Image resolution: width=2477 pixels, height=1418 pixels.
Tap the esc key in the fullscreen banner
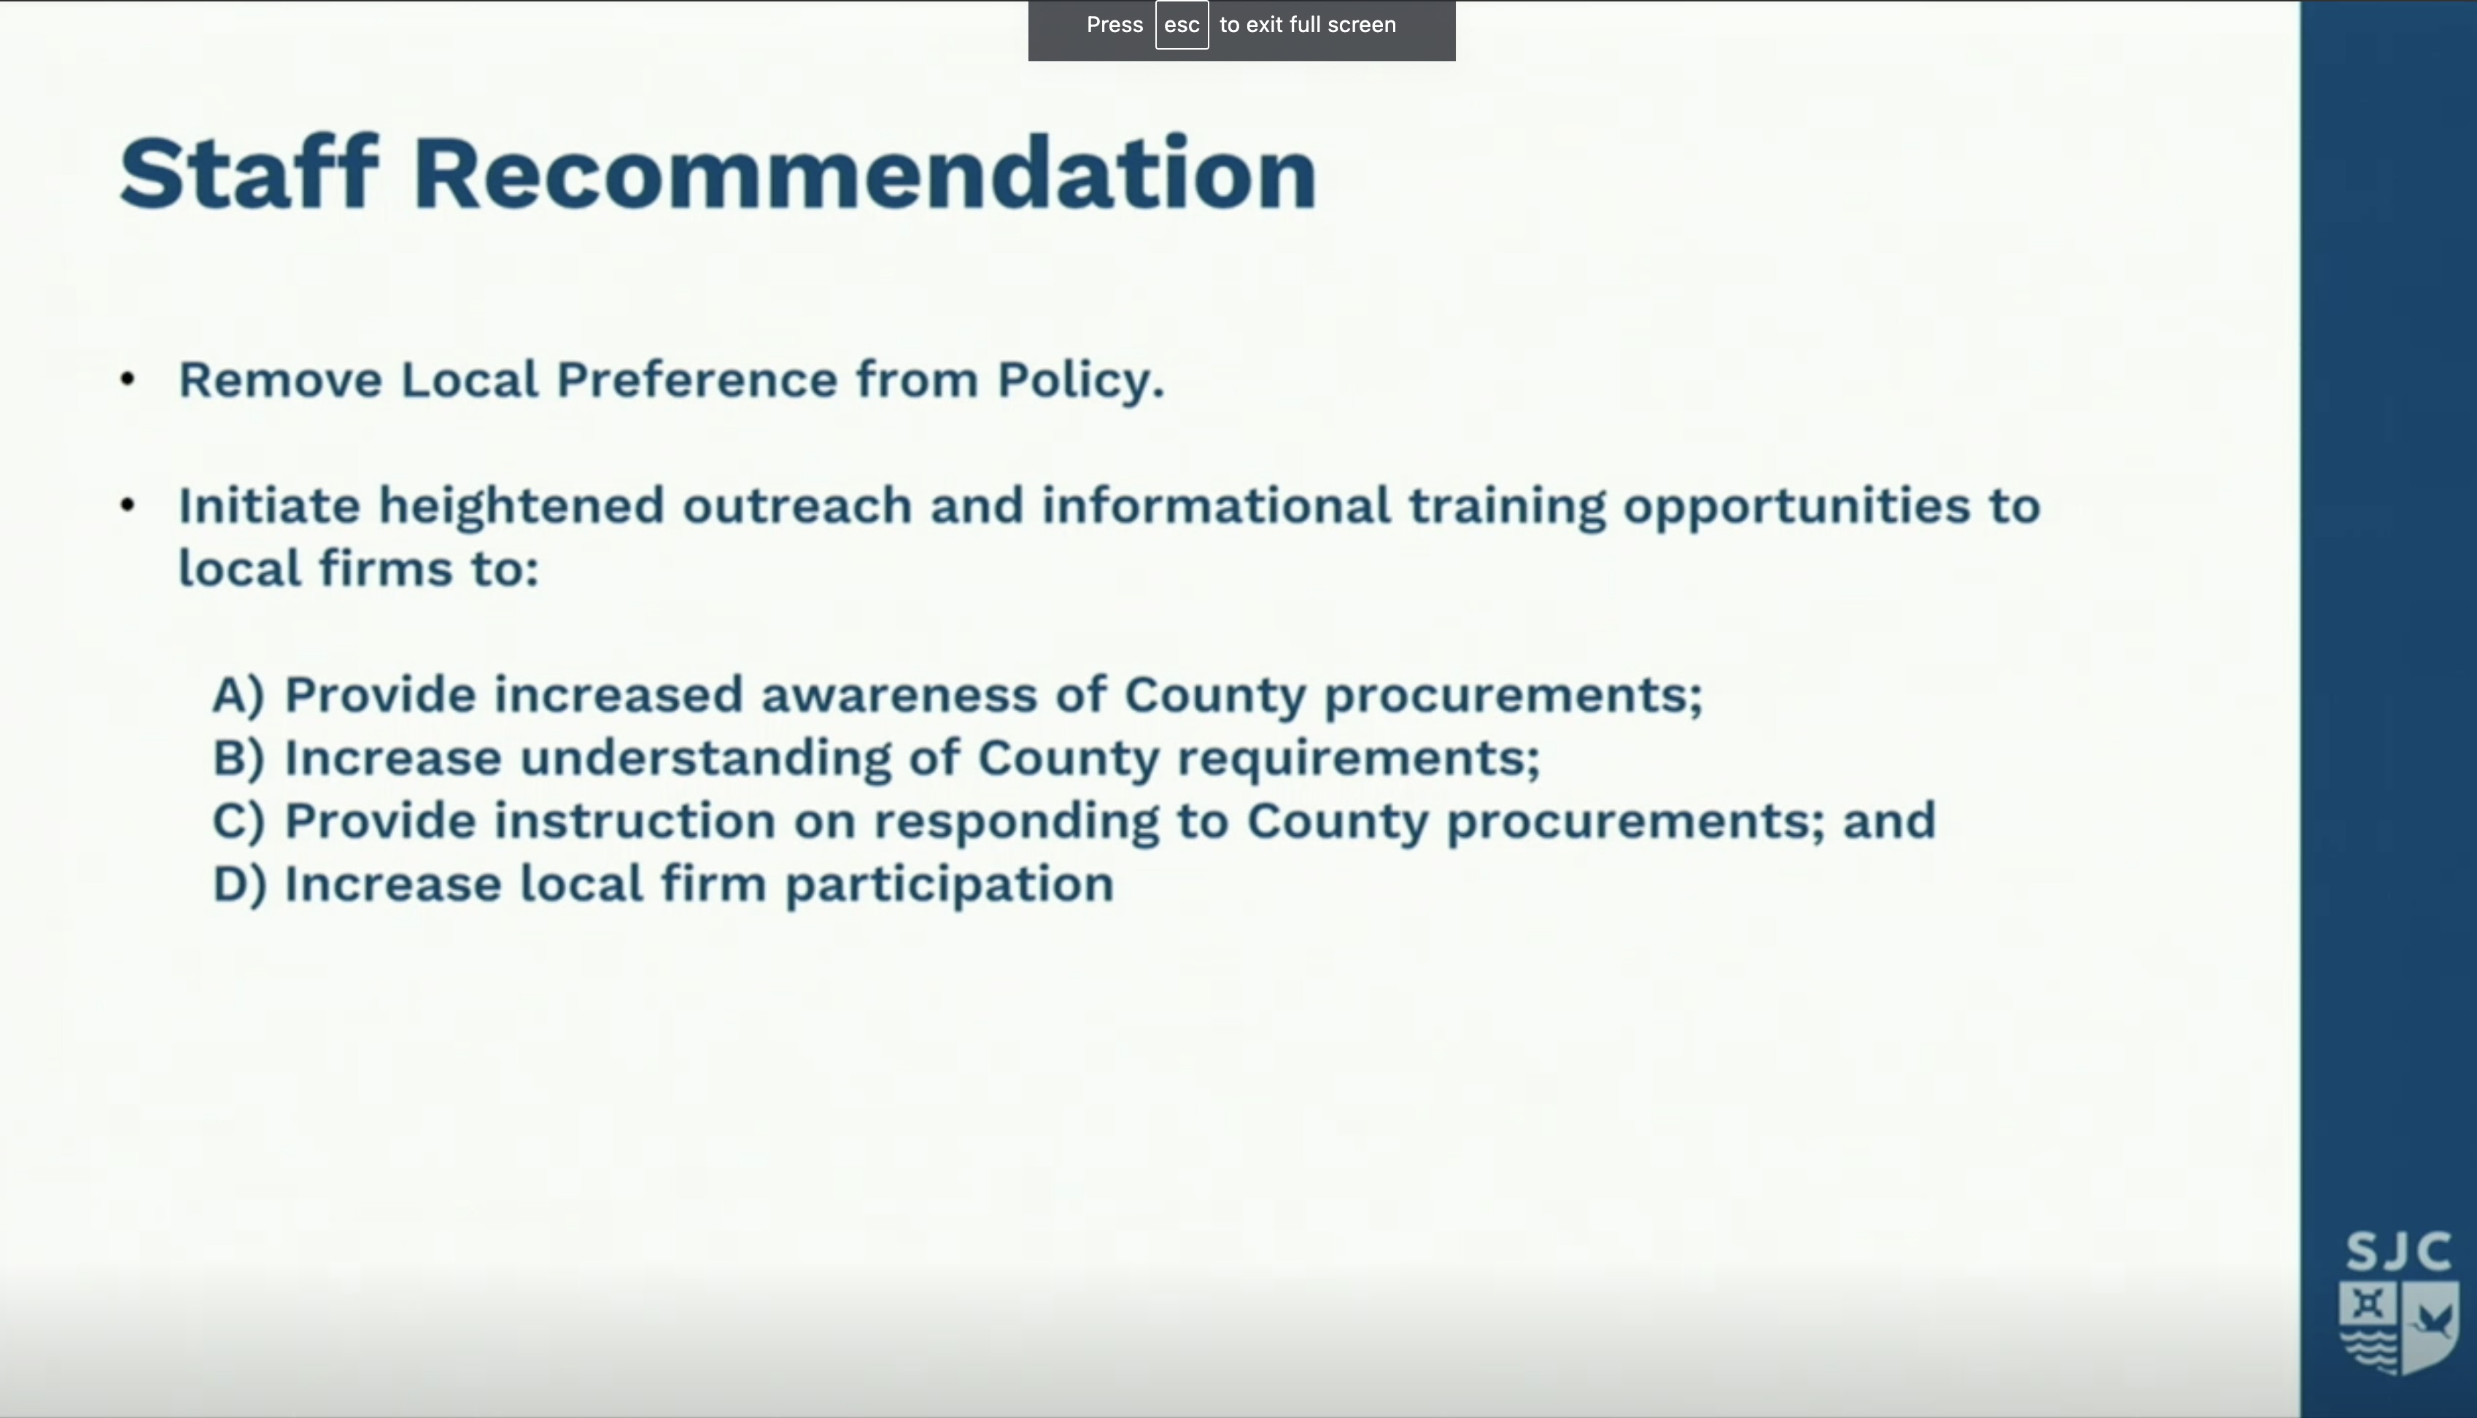coord(1181,26)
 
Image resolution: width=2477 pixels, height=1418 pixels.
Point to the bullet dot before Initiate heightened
coord(128,505)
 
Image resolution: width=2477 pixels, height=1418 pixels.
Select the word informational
coord(1216,505)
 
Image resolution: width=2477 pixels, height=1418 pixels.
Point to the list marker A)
coord(239,695)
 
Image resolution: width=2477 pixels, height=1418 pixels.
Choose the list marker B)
coord(239,759)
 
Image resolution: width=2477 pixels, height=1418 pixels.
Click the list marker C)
coord(239,822)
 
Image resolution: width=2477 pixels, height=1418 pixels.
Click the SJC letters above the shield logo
coord(2398,1252)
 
